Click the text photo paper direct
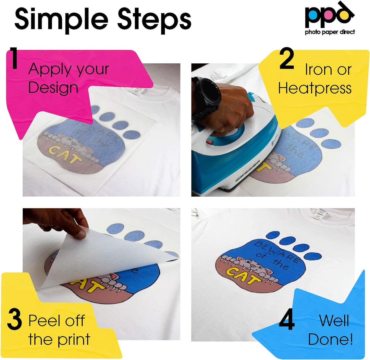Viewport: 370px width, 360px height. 330,32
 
